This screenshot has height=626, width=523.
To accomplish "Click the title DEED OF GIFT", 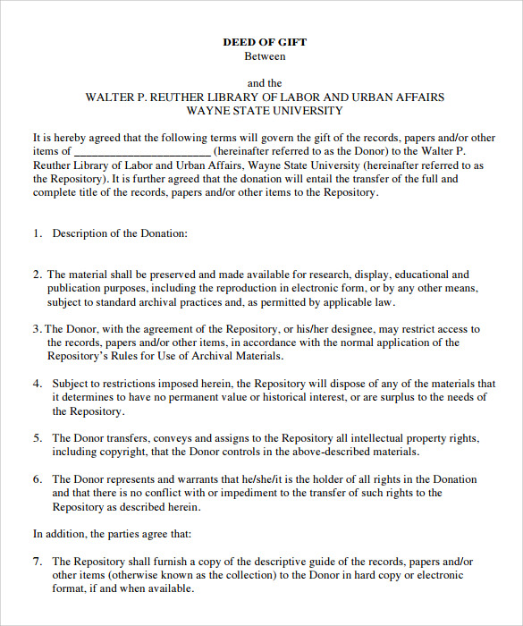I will [x=265, y=41].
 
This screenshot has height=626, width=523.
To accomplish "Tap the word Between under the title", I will [x=265, y=55].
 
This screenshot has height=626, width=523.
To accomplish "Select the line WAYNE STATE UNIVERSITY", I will [x=265, y=111].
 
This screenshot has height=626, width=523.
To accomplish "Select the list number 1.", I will [x=38, y=233].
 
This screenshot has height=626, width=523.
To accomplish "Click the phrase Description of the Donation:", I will [x=120, y=233].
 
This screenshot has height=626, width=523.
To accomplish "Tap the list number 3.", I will [x=37, y=329].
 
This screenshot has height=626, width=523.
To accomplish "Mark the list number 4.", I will [x=38, y=384].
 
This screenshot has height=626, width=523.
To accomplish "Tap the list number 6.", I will [x=38, y=479].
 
